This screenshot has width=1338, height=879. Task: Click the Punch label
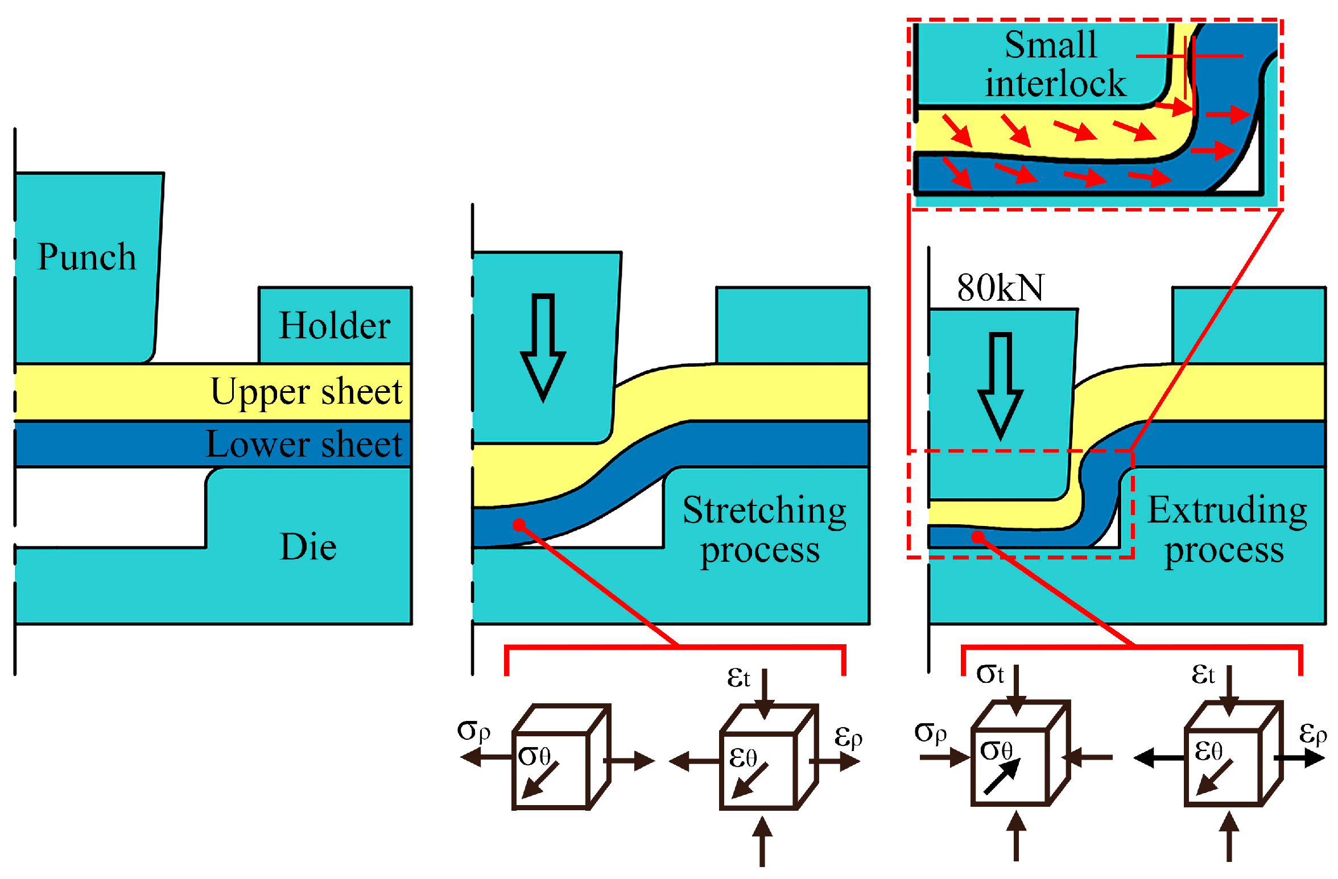point(86,257)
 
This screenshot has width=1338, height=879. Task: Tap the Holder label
point(334,326)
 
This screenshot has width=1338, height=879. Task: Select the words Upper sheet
point(307,392)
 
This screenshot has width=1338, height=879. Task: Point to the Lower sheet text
point(304,444)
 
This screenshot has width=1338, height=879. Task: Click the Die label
point(308,547)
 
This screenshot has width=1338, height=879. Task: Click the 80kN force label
point(1000,288)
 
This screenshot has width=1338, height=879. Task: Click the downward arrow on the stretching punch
point(543,347)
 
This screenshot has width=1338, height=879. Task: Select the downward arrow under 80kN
point(1000,386)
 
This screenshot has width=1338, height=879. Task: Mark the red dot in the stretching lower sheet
point(519,525)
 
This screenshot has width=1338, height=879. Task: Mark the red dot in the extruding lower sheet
point(977,537)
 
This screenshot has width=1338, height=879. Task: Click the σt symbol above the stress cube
point(990,674)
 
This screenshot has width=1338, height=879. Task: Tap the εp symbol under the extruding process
point(1312,733)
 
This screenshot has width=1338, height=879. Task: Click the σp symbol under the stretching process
point(473,731)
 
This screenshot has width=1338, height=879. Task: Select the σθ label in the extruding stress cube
point(996,751)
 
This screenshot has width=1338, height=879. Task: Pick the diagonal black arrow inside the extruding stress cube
point(1002,777)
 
